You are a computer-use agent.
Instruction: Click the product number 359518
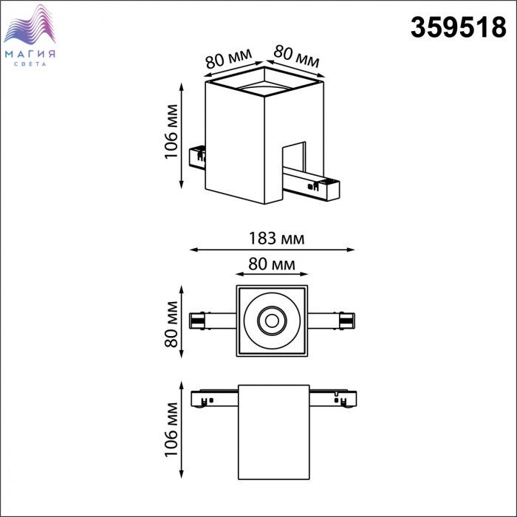[x=459, y=27]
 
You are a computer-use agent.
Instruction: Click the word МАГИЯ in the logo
[x=30, y=54]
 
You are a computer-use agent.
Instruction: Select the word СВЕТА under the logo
[x=30, y=64]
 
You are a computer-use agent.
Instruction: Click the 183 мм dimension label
[x=276, y=238]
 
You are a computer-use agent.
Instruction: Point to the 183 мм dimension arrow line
[x=273, y=250]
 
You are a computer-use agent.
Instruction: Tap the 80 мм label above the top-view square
[x=272, y=264]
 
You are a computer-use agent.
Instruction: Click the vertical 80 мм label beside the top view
[x=171, y=323]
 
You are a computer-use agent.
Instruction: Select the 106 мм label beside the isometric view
[x=171, y=131]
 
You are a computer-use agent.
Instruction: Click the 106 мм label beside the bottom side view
[x=171, y=430]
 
